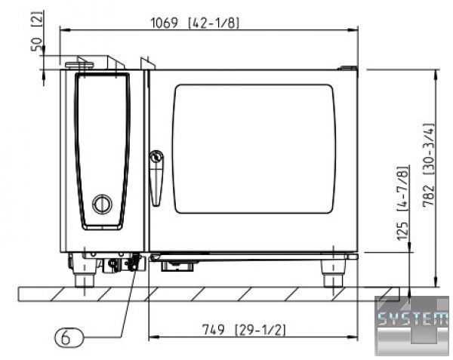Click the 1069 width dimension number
click(x=165, y=23)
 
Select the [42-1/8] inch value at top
click(x=214, y=23)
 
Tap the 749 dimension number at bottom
click(x=213, y=329)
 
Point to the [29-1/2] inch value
click(x=260, y=330)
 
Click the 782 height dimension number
click(x=428, y=195)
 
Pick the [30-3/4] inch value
click(x=428, y=149)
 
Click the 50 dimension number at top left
click(x=37, y=45)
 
